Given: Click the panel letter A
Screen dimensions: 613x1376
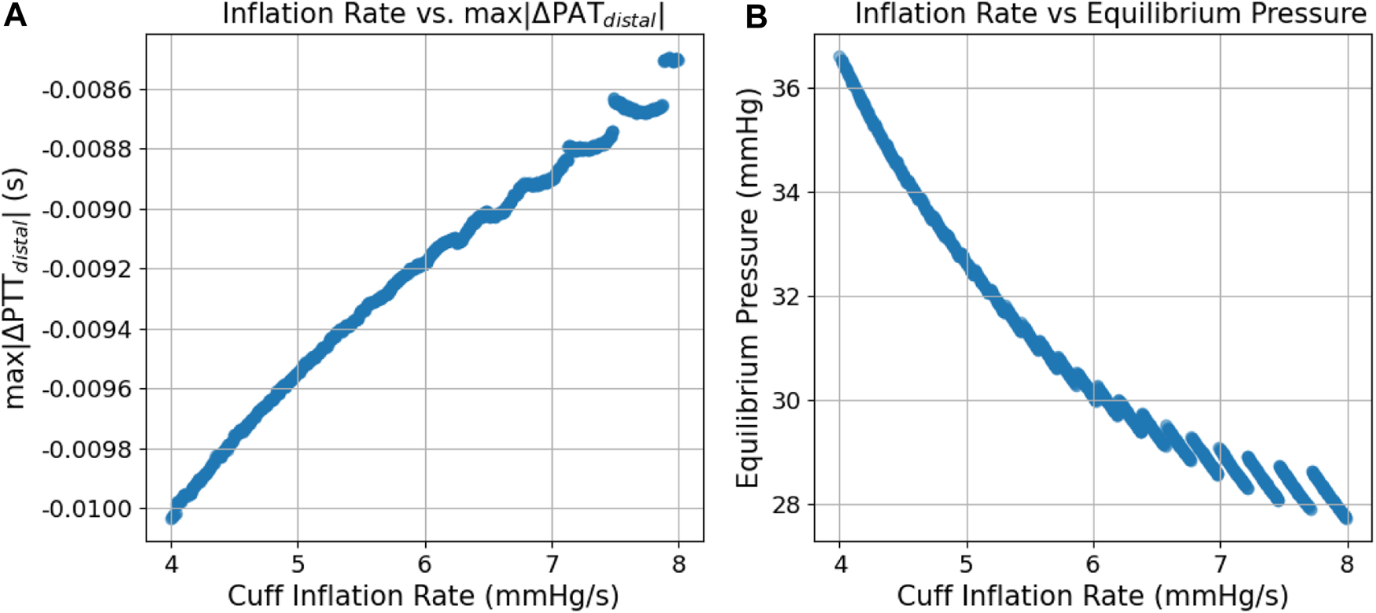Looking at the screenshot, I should pyautogui.click(x=15, y=15).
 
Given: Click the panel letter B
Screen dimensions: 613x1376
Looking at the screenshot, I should pyautogui.click(x=756, y=16).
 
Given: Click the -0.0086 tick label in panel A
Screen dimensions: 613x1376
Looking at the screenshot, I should pyautogui.click(x=87, y=90).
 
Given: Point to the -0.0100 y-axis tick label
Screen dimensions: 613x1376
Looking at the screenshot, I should pyautogui.click(x=87, y=509).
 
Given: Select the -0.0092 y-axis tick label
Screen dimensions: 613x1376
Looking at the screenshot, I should pyautogui.click(x=87, y=269).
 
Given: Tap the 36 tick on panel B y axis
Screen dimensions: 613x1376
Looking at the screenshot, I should pyautogui.click(x=785, y=88).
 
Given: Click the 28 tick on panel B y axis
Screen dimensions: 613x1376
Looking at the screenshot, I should pyautogui.click(x=785, y=504).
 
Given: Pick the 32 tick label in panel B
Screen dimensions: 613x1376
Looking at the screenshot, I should pyautogui.click(x=785, y=297).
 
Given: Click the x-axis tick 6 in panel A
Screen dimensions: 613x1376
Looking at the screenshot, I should pyautogui.click(x=425, y=564).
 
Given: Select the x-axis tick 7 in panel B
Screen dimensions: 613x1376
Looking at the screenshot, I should pyautogui.click(x=1220, y=564).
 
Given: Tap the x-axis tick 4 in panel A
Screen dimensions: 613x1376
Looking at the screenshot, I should pyautogui.click(x=171, y=564).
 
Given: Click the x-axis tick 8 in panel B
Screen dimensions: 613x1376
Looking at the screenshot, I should pyautogui.click(x=1347, y=564).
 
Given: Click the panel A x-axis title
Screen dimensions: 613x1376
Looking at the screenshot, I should pyautogui.click(x=424, y=596).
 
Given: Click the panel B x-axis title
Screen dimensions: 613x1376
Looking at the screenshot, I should pyautogui.click(x=1093, y=596).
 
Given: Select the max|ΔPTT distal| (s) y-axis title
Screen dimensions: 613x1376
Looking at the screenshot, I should pyautogui.click(x=17, y=287).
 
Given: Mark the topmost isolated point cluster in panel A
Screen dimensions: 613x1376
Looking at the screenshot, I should pyautogui.click(x=671, y=60).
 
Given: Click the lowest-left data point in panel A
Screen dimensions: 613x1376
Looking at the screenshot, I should pyautogui.click(x=172, y=517).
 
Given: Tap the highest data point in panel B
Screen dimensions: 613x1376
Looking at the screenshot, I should pyautogui.click(x=840, y=58).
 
